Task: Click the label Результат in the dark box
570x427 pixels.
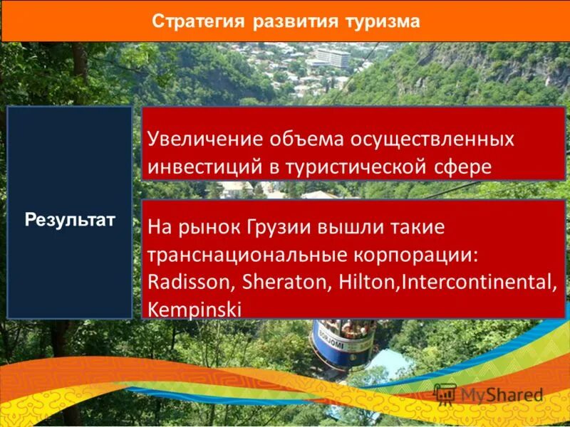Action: coord(70,218)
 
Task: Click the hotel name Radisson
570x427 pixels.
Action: coord(189,282)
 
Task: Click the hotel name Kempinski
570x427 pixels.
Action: coord(195,308)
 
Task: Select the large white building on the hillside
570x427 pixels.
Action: coord(333,58)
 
